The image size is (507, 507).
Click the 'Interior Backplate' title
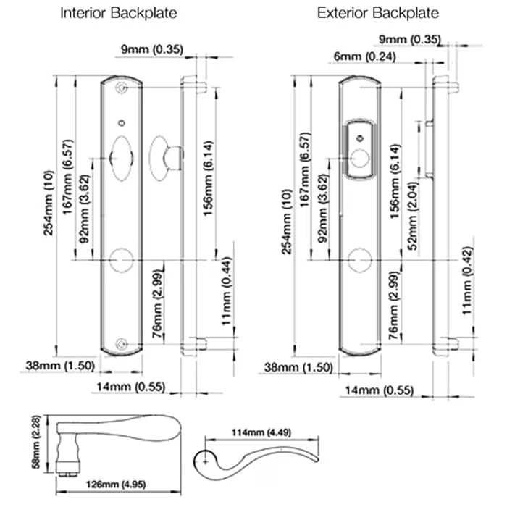118,13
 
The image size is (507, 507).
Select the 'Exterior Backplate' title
377,13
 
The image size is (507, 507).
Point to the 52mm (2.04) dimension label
413,222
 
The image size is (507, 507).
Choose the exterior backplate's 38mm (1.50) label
298,367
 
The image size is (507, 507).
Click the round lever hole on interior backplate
121,259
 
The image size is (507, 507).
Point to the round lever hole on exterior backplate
359,259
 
